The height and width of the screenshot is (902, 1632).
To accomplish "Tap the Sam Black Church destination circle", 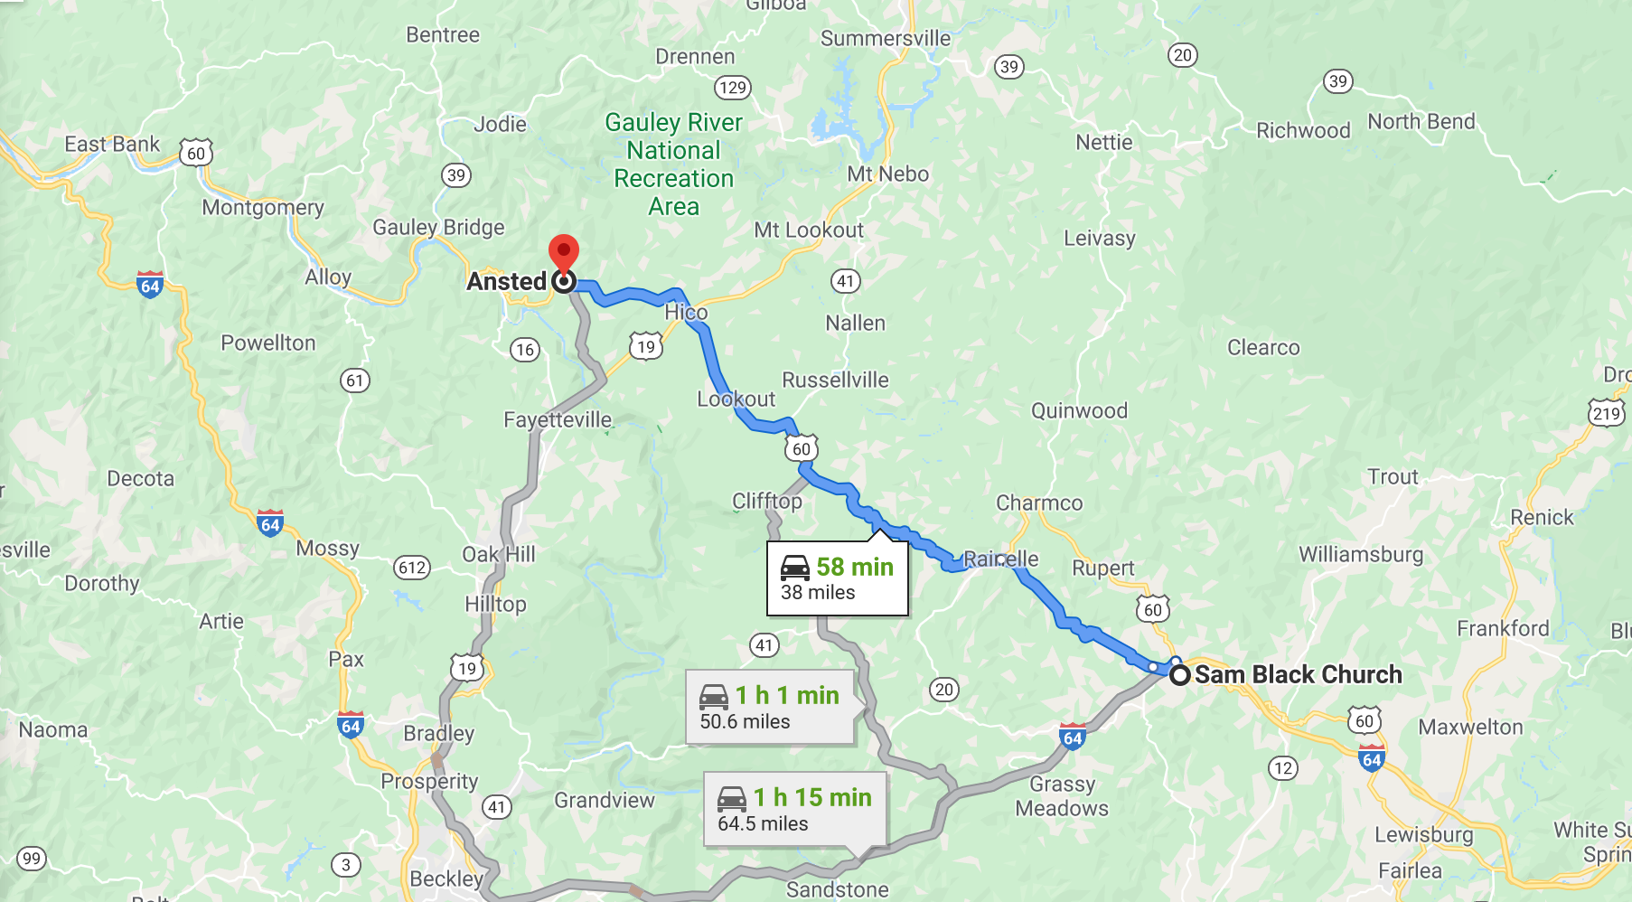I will pyautogui.click(x=1179, y=675).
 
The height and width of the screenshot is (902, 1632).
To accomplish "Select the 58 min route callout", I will pyautogui.click(x=837, y=578).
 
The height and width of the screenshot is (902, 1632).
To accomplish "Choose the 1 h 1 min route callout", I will pyautogui.click(x=770, y=708).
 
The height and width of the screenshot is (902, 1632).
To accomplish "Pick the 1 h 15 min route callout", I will pyautogui.click(x=795, y=810).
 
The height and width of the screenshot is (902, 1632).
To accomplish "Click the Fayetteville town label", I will pyautogui.click(x=558, y=419).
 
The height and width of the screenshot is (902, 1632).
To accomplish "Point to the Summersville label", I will pyautogui.click(x=886, y=38).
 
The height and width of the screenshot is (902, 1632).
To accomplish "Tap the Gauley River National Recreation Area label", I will pyautogui.click(x=674, y=164).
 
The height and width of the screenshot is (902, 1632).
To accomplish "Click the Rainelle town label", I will pyautogui.click(x=1001, y=559).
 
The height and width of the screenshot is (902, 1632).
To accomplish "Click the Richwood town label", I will pyautogui.click(x=1303, y=130).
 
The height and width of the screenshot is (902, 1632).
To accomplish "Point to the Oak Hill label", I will pyautogui.click(x=499, y=554).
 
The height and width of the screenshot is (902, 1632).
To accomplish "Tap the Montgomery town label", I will pyautogui.click(x=263, y=207).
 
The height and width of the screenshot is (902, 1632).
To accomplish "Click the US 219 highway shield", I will pyautogui.click(x=1606, y=414).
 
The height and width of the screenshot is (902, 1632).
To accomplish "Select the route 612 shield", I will pyautogui.click(x=412, y=568).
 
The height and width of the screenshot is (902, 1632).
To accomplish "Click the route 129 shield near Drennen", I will pyautogui.click(x=732, y=88).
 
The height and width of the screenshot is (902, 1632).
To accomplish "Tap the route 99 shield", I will pyautogui.click(x=32, y=859).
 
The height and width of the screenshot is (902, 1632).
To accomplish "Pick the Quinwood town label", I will pyautogui.click(x=1079, y=410).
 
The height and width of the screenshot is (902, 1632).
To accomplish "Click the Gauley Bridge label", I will pyautogui.click(x=438, y=227).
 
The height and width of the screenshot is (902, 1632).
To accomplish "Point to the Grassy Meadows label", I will pyautogui.click(x=1062, y=795).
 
